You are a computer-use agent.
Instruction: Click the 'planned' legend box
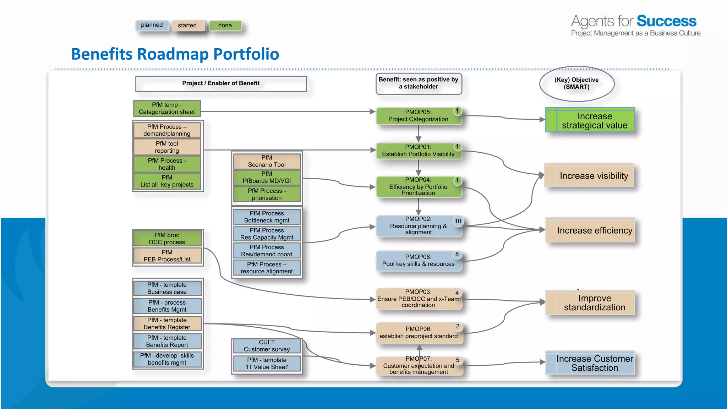[152, 25]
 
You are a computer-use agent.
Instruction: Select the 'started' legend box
[188, 26]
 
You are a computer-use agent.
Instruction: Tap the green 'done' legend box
[225, 26]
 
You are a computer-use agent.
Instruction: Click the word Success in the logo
[666, 21]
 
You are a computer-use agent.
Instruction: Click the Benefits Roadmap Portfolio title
[175, 54]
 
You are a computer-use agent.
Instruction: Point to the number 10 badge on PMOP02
[458, 221]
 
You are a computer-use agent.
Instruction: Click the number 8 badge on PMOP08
[457, 254]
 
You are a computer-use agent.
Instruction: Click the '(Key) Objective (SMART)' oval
[576, 84]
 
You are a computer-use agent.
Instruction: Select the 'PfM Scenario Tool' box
[267, 161]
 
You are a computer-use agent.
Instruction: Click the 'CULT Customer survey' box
[267, 346]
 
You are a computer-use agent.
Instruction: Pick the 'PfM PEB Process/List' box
[167, 256]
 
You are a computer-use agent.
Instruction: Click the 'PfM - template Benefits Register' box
[167, 323]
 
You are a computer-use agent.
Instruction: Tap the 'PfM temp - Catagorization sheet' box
[167, 109]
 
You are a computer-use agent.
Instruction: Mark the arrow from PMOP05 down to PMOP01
[419, 134]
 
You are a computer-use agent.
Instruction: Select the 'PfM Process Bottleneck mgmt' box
[267, 217]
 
